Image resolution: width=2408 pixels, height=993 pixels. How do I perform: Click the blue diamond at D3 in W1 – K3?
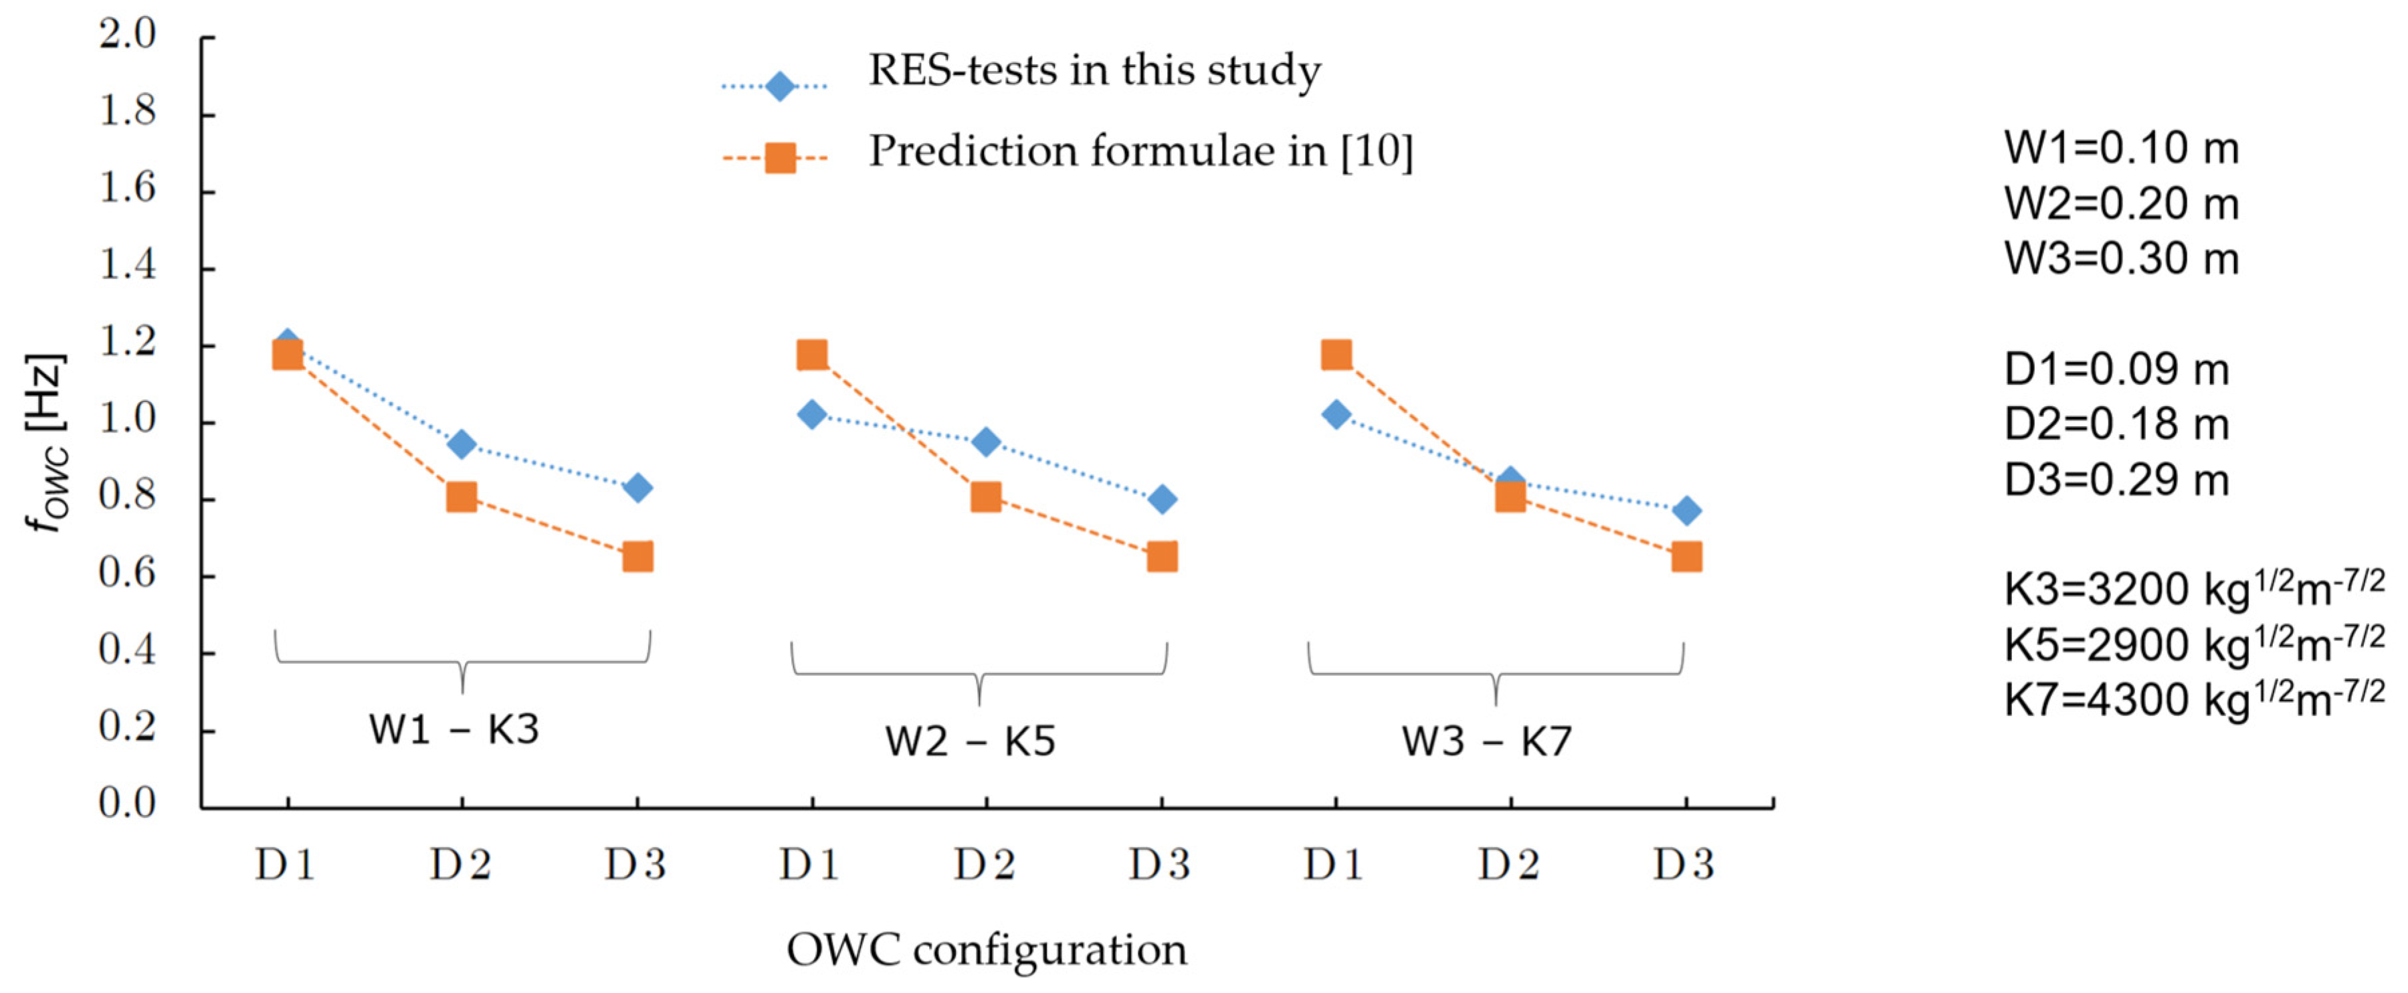[637, 488]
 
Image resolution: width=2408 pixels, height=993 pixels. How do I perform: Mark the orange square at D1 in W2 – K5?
[811, 355]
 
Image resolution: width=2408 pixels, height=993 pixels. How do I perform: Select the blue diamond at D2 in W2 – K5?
[985, 442]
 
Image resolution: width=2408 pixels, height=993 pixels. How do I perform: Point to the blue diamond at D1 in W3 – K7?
[1336, 414]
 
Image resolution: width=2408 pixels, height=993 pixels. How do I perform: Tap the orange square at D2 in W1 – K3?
[461, 496]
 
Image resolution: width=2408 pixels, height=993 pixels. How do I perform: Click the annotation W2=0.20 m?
[2121, 204]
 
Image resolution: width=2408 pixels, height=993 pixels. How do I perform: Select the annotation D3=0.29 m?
[2116, 480]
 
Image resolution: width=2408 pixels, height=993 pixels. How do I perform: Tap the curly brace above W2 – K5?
[979, 671]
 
